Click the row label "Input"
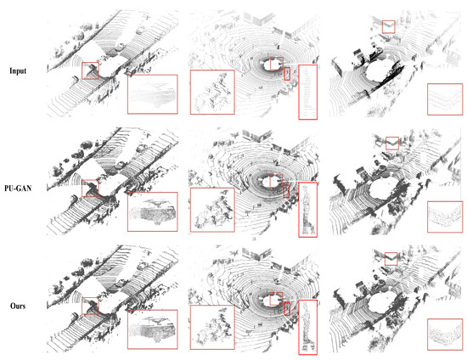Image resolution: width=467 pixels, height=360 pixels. point(20,71)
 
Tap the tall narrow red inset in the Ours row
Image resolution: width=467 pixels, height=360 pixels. point(307,327)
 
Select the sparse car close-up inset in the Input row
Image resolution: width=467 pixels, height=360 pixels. point(151,94)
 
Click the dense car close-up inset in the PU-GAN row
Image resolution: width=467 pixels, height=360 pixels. point(152,211)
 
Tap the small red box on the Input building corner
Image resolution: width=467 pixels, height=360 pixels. point(389,28)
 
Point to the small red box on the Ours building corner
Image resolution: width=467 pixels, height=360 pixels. point(392,261)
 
